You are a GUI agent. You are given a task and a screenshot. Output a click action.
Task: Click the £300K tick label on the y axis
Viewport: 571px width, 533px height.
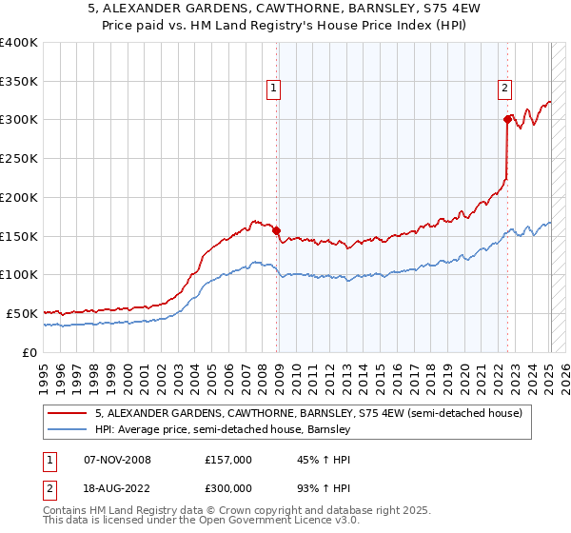[x=19, y=120]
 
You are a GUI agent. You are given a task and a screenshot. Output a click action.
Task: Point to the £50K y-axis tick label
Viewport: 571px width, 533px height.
[x=22, y=313]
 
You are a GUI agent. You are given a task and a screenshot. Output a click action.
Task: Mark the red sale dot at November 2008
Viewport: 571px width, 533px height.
[x=277, y=230]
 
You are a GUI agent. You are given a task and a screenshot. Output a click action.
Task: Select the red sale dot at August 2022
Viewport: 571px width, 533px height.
[x=507, y=119]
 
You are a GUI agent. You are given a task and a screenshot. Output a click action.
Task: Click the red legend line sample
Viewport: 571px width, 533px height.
[x=68, y=414]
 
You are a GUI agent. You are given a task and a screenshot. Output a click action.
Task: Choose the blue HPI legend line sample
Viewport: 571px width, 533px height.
[x=68, y=430]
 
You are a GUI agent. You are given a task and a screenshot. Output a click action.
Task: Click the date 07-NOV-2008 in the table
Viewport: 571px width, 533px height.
[x=117, y=460]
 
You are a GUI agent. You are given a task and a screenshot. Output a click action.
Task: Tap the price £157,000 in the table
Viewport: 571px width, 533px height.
[x=227, y=460]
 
